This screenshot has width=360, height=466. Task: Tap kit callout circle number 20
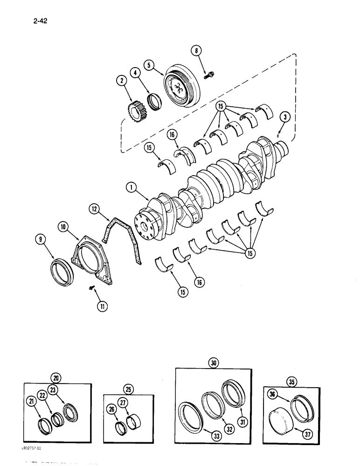57,378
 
